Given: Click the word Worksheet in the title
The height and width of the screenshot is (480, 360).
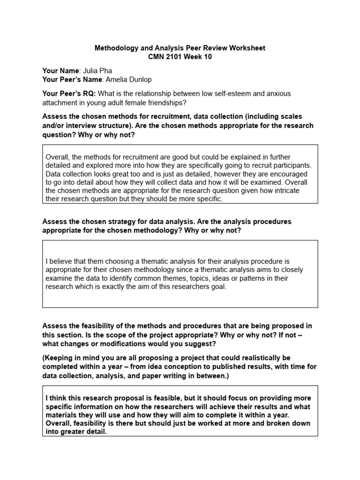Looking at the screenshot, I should (x=248, y=48).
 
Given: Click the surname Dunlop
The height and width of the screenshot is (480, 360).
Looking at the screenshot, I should (x=139, y=79).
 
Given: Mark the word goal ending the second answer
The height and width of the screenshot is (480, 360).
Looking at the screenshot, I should (x=218, y=286).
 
